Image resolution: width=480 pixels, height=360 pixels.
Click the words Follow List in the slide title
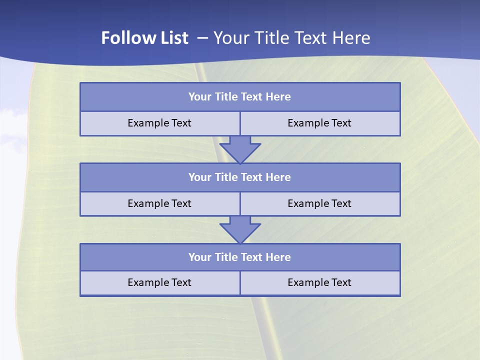[x=144, y=38]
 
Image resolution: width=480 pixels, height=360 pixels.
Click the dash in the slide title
[x=202, y=38]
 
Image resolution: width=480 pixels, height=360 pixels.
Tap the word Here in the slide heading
[x=352, y=38]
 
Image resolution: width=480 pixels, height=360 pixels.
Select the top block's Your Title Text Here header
[x=239, y=97]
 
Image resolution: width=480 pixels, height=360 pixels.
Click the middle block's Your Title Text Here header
[x=239, y=177]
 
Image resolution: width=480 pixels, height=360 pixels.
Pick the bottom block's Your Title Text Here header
[x=239, y=257]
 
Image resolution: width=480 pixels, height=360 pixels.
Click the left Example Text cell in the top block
[x=159, y=123]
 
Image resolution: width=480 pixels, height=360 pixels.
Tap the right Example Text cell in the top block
[x=319, y=123]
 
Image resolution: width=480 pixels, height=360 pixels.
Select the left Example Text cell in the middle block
[x=159, y=203]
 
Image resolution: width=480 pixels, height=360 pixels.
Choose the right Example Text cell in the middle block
[x=319, y=203]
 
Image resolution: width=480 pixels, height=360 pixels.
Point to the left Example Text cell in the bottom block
[x=159, y=282]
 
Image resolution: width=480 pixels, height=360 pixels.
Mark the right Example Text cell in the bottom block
[x=319, y=282]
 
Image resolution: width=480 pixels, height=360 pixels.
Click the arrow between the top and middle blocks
[x=240, y=149]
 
